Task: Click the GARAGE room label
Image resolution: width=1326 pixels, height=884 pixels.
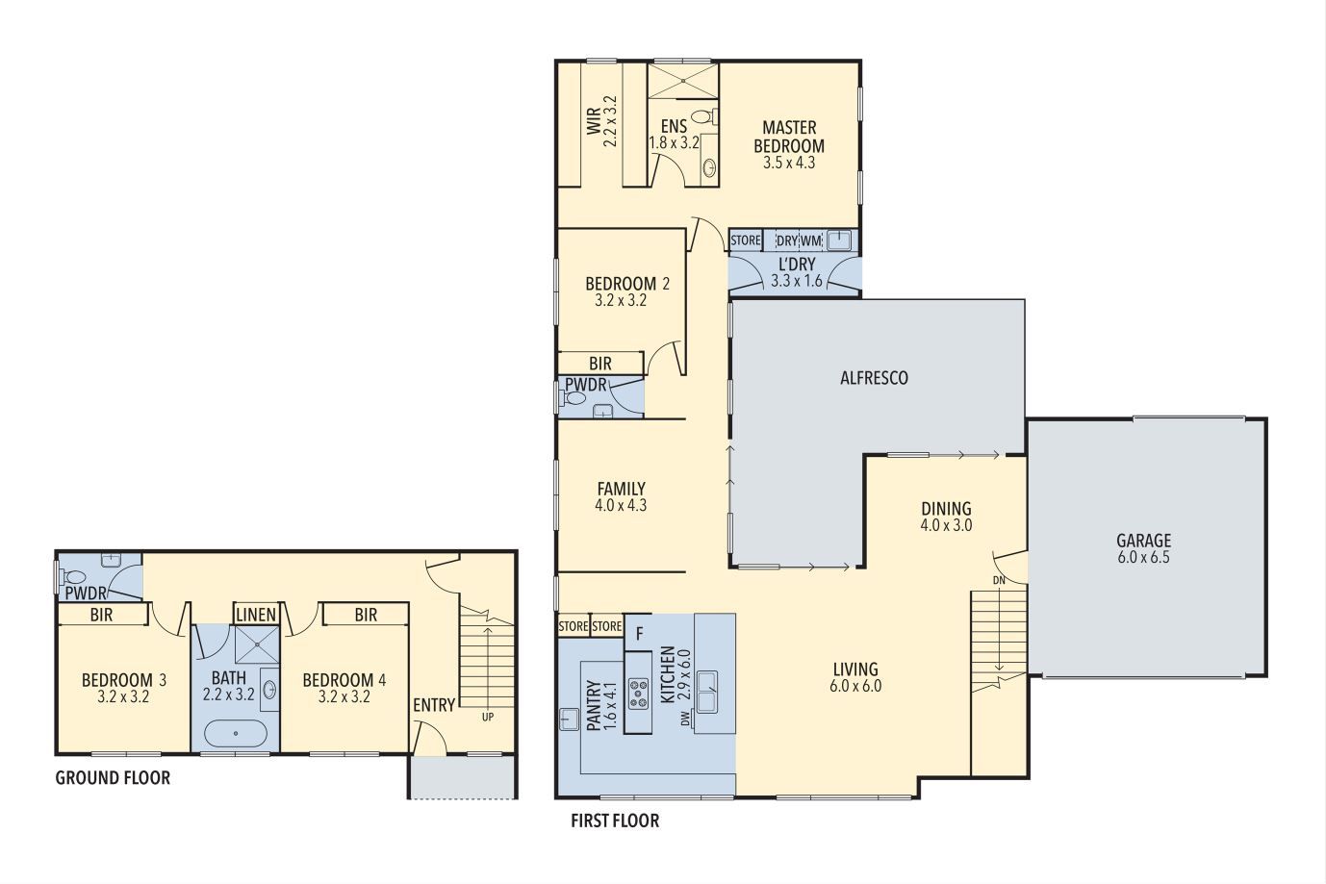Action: (1143, 541)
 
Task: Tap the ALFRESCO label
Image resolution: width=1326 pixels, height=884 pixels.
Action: (874, 378)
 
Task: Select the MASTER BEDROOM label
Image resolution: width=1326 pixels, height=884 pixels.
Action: (788, 137)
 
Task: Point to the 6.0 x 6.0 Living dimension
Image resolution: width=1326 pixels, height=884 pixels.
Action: (854, 687)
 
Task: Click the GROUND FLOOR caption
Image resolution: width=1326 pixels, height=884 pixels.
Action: (113, 777)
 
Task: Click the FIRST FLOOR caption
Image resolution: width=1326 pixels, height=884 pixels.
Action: (615, 821)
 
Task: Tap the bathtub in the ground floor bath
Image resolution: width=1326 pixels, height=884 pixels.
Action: (236, 733)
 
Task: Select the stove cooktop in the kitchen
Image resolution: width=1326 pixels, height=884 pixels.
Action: (638, 693)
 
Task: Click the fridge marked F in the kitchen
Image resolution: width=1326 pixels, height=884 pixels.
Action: (639, 633)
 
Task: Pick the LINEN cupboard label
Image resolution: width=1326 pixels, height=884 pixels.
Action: (256, 615)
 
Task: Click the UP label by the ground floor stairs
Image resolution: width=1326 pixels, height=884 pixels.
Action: (488, 717)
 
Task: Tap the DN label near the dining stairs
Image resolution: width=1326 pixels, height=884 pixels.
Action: (1000, 580)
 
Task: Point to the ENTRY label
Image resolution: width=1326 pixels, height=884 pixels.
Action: (434, 705)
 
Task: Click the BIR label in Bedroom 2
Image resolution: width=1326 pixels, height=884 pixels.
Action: (600, 364)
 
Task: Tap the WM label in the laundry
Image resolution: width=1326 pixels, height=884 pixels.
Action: (811, 240)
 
